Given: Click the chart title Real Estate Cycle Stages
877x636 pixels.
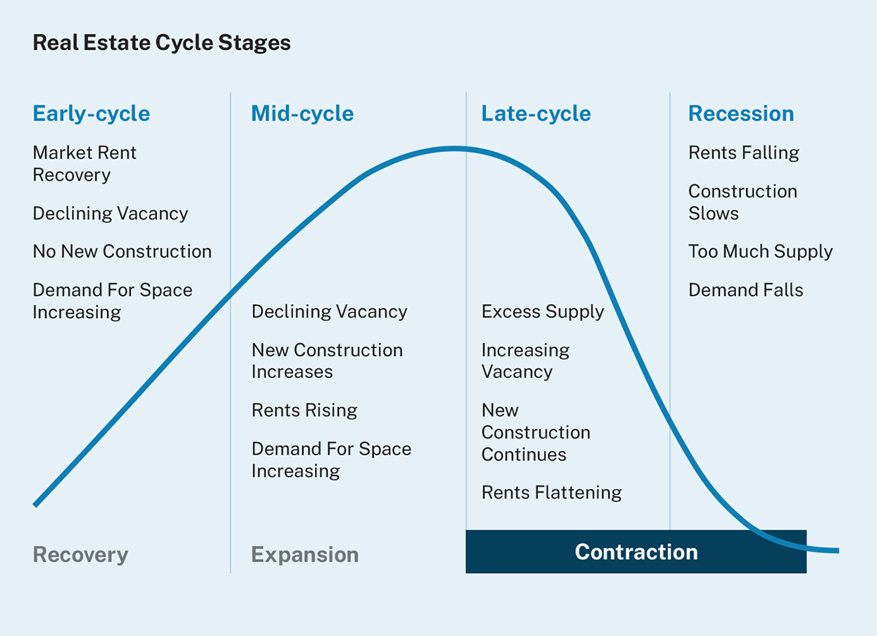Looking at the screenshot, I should [162, 42].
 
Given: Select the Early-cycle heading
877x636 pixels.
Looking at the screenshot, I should [91, 114].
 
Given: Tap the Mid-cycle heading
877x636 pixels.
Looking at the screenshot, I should [302, 114].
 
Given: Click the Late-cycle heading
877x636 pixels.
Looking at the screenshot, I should [536, 114].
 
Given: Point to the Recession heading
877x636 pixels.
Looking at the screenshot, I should [740, 114].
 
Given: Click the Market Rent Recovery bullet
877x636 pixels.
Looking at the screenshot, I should [85, 164].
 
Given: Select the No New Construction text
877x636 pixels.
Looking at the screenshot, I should [122, 251].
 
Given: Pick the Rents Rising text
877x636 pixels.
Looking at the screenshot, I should [304, 410].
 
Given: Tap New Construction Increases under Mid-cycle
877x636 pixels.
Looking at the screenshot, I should [327, 360].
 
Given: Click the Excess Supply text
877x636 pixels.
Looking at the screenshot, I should [542, 311].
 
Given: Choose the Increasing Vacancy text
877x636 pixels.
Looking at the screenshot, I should [525, 360].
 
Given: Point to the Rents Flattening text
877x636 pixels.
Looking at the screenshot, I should [551, 493].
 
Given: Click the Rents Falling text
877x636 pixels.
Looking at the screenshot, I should [743, 153].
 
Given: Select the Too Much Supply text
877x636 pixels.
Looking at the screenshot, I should [760, 251].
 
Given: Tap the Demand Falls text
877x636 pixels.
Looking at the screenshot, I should [745, 290].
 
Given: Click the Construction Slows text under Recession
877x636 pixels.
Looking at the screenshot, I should [743, 202].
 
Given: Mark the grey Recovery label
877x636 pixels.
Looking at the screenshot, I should [80, 555].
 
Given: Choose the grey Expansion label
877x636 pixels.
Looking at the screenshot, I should [305, 555].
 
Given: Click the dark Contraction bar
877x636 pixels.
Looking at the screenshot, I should [636, 552].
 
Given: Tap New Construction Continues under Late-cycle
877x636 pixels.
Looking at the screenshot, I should [535, 432].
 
